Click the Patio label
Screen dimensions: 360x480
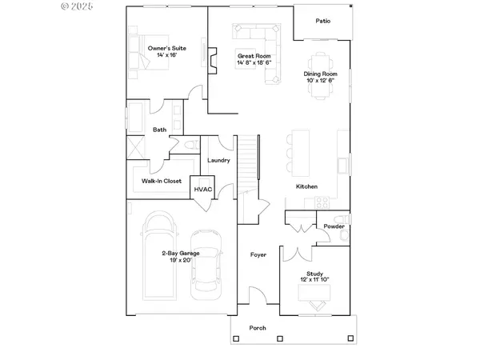click(x=322, y=22)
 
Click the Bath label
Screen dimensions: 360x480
click(x=160, y=130)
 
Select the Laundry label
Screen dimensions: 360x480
click(x=218, y=161)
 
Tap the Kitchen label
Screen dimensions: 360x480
click(x=306, y=186)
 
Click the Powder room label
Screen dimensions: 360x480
click(x=334, y=226)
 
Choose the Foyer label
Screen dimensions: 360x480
click(x=258, y=255)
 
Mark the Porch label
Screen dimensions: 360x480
click(x=258, y=328)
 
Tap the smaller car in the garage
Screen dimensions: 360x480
click(x=208, y=264)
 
